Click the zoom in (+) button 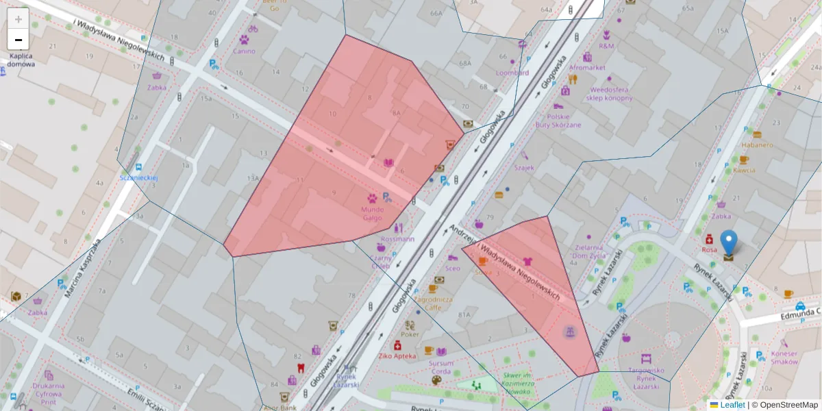(x=18, y=18)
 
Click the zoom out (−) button (x=18, y=39)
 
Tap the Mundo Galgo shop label (x=373, y=212)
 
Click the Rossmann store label (x=398, y=239)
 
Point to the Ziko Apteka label (x=397, y=356)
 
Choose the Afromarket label (x=587, y=68)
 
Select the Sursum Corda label (x=437, y=367)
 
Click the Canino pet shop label (x=244, y=51)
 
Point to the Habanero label (x=757, y=145)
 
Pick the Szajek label (x=524, y=167)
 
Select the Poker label (x=410, y=334)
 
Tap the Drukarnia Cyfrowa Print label (x=48, y=394)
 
